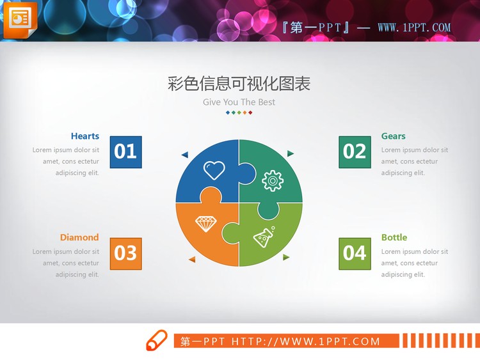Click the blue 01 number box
tap(125, 152)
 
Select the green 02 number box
tap(355, 152)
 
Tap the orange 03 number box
tap(125, 253)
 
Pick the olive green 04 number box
tap(355, 253)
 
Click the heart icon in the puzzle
tap(214, 170)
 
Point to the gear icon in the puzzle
tap(273, 180)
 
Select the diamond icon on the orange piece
tap(205, 224)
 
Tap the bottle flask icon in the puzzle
tap(264, 237)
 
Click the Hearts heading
tap(85, 136)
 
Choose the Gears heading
tap(393, 136)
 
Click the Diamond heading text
tap(79, 237)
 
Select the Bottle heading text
tap(394, 237)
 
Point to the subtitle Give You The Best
tap(239, 102)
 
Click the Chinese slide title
tap(239, 84)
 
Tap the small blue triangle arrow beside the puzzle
tap(185, 154)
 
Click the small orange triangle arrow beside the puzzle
tap(191, 259)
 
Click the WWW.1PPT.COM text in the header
tap(414, 27)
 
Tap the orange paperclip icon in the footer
tap(157, 341)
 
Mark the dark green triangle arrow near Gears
tap(291, 153)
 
